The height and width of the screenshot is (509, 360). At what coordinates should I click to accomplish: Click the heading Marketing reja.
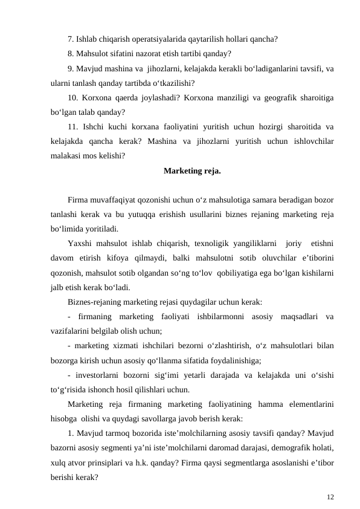point(192,171)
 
